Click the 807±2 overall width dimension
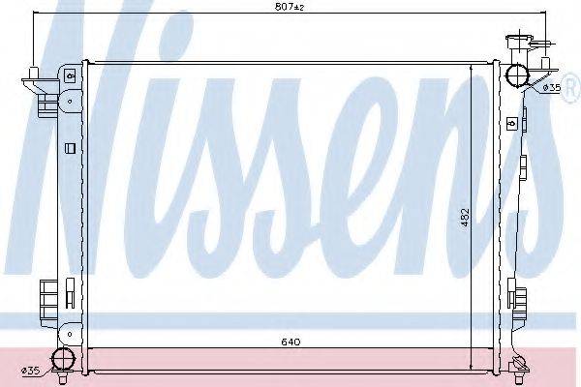pyautogui.click(x=290, y=7)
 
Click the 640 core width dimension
pyautogui.click(x=290, y=342)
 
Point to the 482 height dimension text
pyautogui.click(x=466, y=217)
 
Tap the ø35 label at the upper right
pyautogui.click(x=552, y=88)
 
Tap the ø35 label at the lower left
pyautogui.click(x=31, y=371)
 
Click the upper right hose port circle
pyautogui.click(x=517, y=75)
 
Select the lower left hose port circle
pyautogui.click(x=63, y=359)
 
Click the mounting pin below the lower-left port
pyautogui.click(x=62, y=378)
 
